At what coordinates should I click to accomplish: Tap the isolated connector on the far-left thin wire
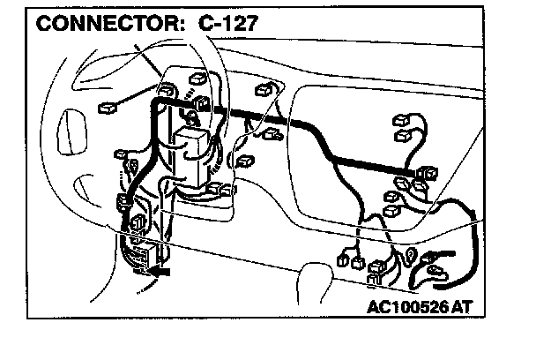[107, 107]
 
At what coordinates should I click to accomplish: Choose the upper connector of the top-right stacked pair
[398, 118]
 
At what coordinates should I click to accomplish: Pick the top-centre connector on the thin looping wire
[264, 91]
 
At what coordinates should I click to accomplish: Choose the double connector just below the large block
[220, 190]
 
